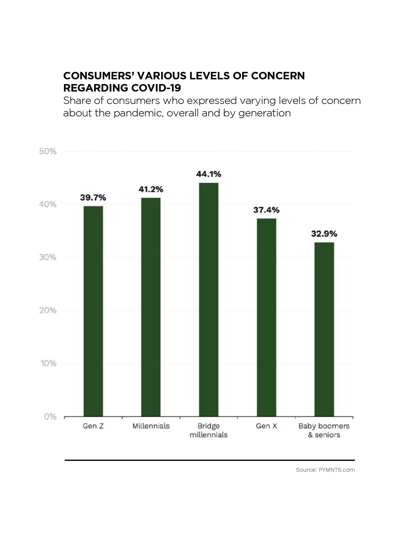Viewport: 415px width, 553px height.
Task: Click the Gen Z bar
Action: click(x=93, y=311)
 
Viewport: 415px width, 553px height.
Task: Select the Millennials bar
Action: click(x=151, y=307)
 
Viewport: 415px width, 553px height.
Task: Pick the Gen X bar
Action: click(x=266, y=317)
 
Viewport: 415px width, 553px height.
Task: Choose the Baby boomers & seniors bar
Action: click(x=324, y=329)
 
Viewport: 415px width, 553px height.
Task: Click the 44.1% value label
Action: click(x=209, y=174)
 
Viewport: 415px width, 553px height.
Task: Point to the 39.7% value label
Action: click(x=93, y=197)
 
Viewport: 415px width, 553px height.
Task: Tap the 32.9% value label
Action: click(x=324, y=234)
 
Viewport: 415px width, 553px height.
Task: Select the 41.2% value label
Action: click(x=151, y=189)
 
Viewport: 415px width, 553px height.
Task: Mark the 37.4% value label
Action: click(x=266, y=210)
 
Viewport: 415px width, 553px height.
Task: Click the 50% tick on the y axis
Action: click(x=48, y=151)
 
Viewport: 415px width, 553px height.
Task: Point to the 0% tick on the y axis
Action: click(x=50, y=416)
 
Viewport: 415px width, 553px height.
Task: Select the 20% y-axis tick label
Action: click(x=48, y=310)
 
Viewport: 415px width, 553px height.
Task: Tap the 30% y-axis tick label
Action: click(x=48, y=257)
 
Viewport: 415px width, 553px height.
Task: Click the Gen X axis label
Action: click(x=266, y=426)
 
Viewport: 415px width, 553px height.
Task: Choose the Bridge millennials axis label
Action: click(x=209, y=430)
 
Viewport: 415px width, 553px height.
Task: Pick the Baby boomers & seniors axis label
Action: click(x=324, y=430)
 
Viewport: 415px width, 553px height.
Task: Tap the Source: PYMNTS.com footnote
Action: click(x=325, y=470)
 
